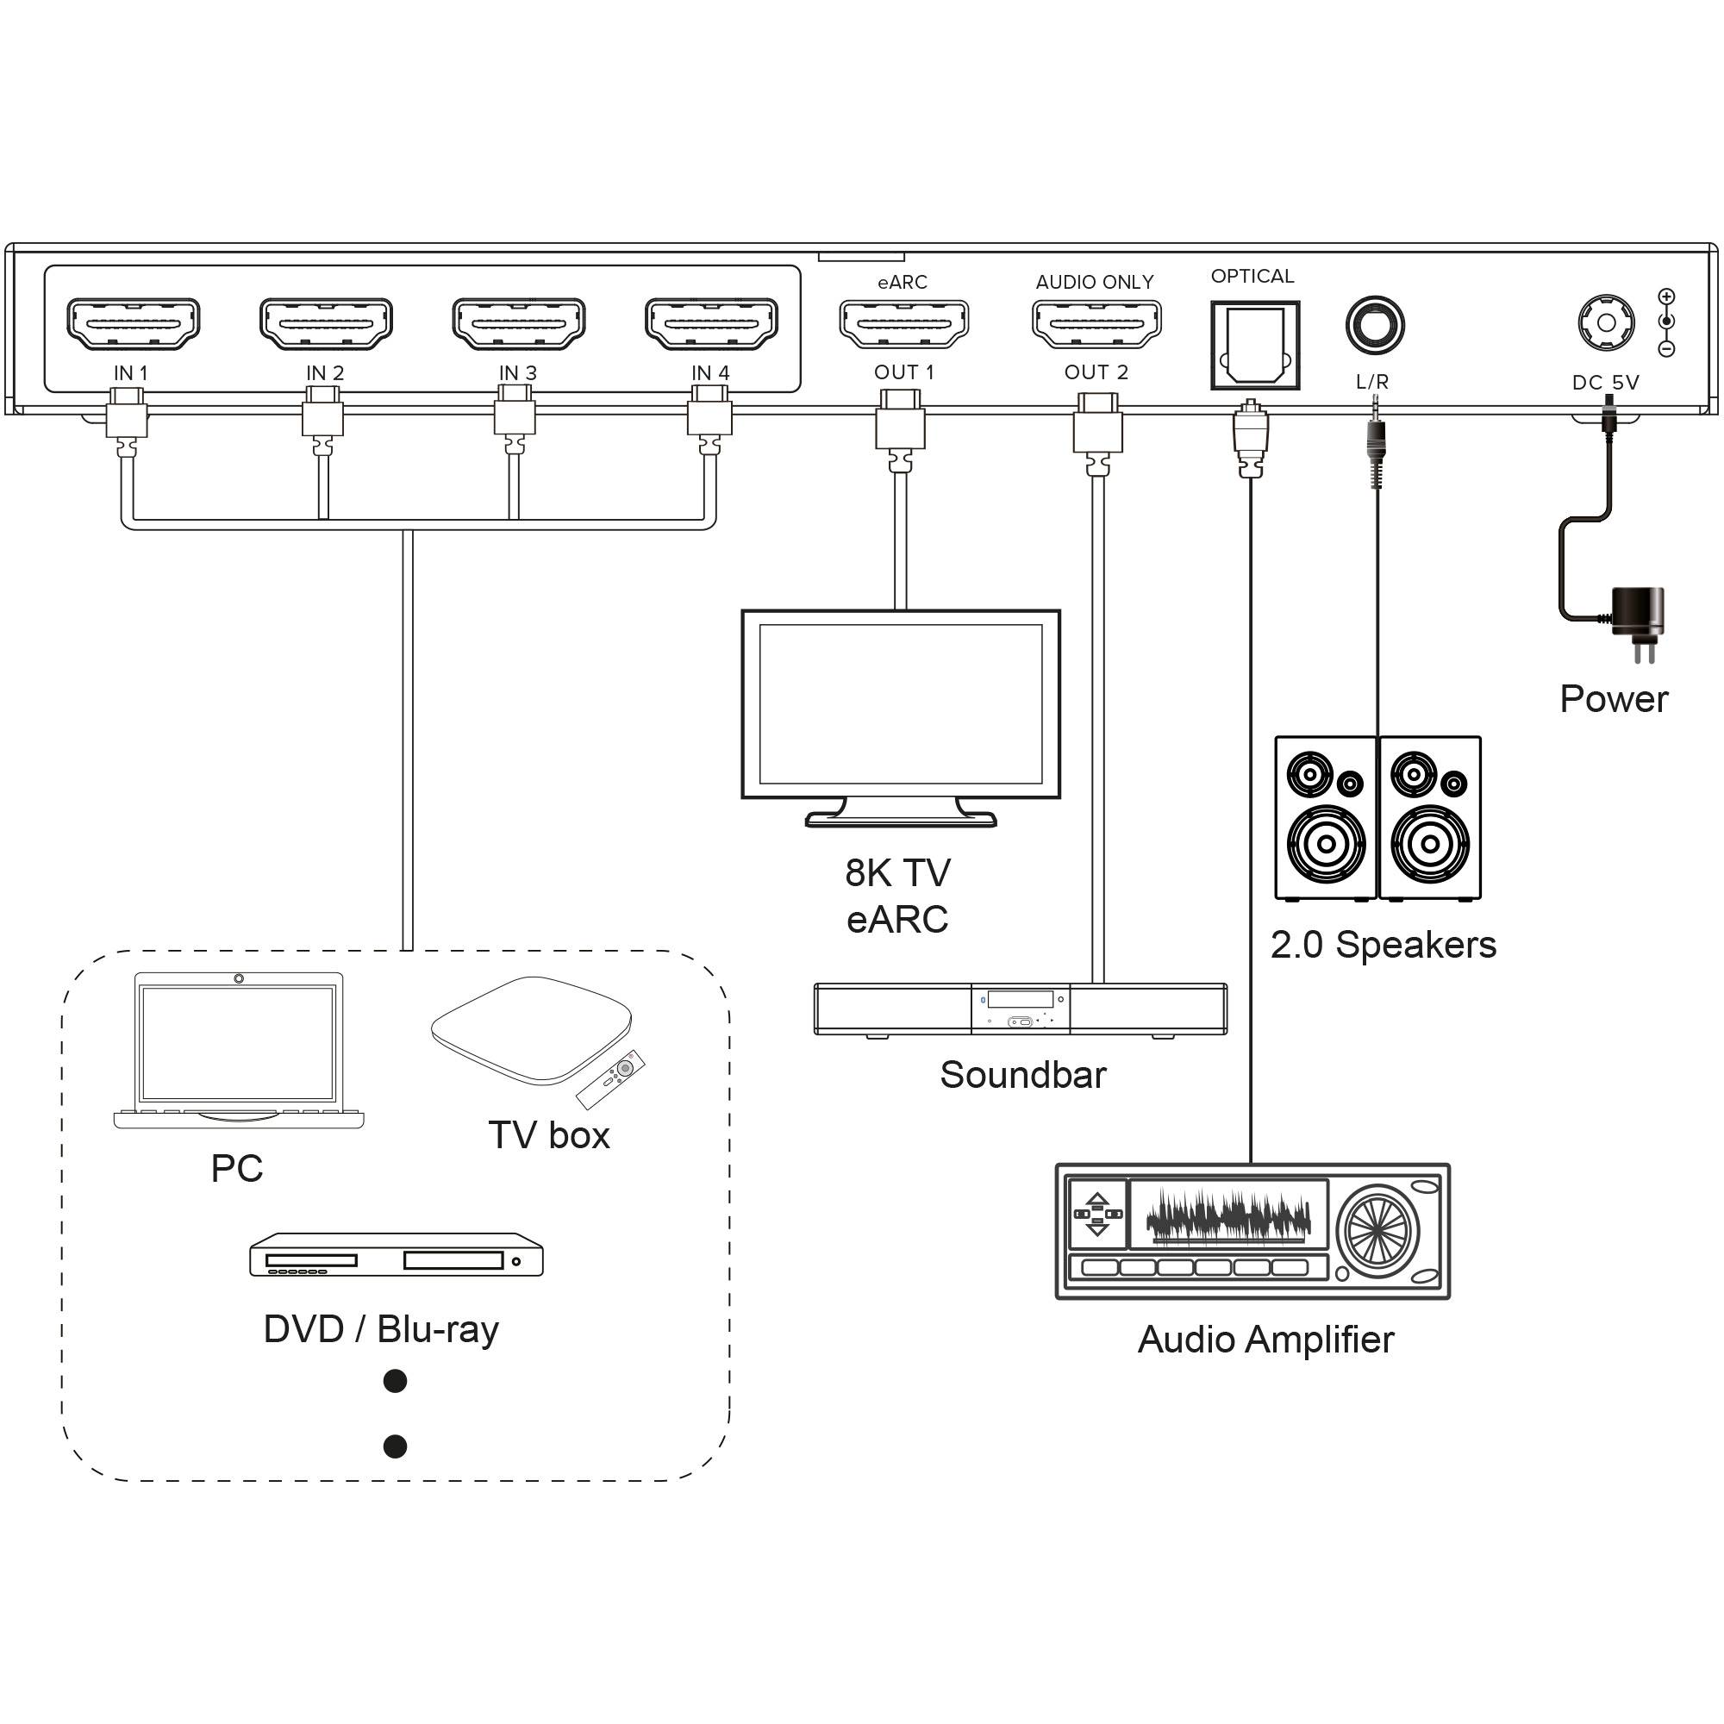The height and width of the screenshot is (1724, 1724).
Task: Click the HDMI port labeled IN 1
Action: tap(133, 323)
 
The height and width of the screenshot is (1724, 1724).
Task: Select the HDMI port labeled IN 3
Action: tap(518, 323)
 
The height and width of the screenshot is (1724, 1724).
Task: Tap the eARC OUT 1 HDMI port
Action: tap(904, 323)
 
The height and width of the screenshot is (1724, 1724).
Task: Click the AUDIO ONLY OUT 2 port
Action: tap(1096, 323)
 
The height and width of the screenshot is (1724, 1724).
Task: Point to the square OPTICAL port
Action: tap(1254, 346)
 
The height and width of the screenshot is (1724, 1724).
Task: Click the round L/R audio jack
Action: tap(1374, 325)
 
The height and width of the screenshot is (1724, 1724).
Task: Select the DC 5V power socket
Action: tap(1606, 323)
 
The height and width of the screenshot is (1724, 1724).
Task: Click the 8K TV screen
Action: tap(901, 703)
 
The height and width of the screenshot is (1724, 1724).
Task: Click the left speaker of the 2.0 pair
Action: tap(1325, 817)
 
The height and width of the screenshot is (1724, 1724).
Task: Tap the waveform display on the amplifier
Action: tap(1228, 1215)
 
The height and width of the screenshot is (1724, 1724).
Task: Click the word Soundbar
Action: tap(1022, 1074)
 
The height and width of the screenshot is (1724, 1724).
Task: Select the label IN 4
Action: tap(710, 373)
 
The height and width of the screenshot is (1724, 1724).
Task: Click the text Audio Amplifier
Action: tap(1265, 1340)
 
